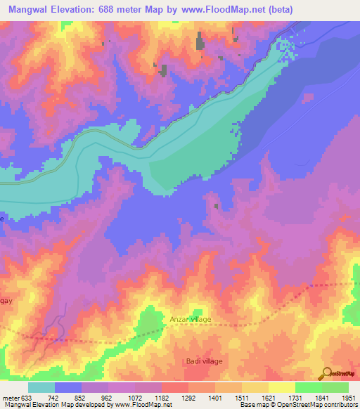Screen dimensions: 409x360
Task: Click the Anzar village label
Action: click(x=190, y=319)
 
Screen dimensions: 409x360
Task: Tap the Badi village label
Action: click(x=204, y=361)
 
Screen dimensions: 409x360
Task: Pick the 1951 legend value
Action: click(x=347, y=398)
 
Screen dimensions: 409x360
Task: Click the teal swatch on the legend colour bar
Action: click(x=41, y=387)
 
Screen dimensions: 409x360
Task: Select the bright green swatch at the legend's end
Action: click(x=335, y=387)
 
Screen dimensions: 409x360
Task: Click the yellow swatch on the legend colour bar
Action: click(x=282, y=387)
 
